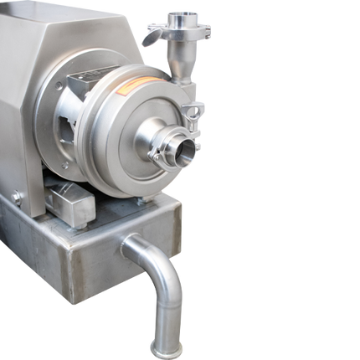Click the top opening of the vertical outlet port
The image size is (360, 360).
[177, 16]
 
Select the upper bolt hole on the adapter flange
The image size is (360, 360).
[59, 86]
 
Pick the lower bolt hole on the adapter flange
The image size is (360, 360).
[65, 165]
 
